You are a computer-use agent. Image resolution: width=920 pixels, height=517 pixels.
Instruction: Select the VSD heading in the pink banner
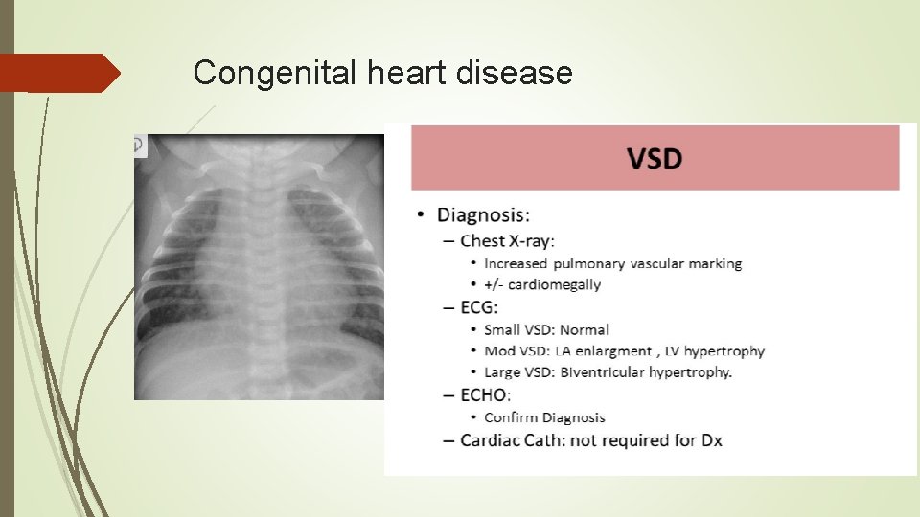[x=655, y=158]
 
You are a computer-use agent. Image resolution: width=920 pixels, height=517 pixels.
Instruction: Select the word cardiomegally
[x=555, y=284]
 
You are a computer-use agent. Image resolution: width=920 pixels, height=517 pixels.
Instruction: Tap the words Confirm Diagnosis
[x=544, y=417]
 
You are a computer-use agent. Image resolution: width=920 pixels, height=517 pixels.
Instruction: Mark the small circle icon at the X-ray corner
[x=139, y=146]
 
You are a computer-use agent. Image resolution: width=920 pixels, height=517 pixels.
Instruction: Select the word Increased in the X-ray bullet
[x=516, y=263]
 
